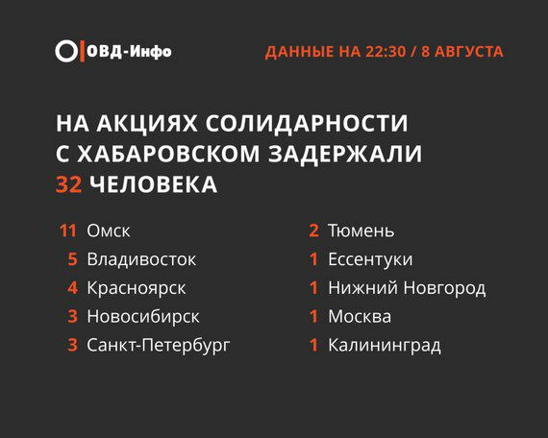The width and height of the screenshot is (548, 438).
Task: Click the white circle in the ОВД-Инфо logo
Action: coord(66,41)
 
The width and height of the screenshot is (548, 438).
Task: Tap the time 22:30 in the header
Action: coord(386,52)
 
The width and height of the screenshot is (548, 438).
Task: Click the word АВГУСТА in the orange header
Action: coord(469,52)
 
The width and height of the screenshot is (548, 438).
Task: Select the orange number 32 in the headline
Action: coord(68,184)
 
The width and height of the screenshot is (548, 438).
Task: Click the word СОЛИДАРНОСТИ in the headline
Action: coord(307,123)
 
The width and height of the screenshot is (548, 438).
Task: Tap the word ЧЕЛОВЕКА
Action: coord(153,184)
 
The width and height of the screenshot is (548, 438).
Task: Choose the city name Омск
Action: coord(109,231)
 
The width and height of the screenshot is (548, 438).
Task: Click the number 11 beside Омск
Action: coord(68,231)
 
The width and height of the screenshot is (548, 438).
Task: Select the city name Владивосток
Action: coord(141,259)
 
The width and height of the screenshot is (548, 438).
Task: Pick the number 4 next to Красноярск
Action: coord(72,288)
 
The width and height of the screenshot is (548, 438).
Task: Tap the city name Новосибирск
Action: coord(143,316)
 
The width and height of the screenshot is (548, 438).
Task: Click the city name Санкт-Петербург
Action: coord(159,345)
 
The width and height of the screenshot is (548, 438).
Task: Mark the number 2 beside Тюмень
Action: coord(313,231)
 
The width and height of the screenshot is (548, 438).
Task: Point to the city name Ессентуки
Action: coord(370,260)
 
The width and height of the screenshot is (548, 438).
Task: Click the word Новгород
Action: coord(444,288)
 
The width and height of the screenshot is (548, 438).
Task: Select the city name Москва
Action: coord(360,316)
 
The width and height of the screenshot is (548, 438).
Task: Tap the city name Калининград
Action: coord(385,346)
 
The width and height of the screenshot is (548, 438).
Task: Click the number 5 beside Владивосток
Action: coord(72,259)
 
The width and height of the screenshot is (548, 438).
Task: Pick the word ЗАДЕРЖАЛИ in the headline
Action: coord(345,154)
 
